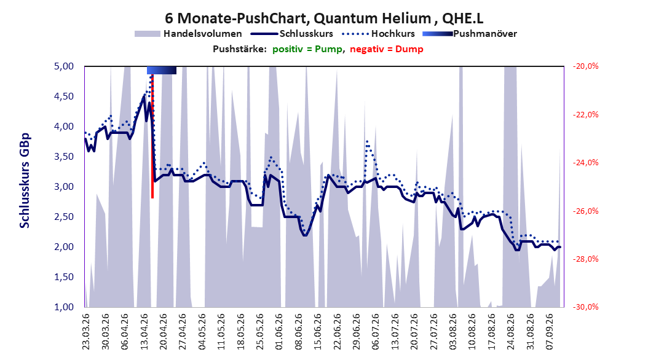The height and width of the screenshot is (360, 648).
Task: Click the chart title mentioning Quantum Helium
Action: coord(324,18)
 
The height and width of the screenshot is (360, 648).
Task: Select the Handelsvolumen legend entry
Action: coord(188,34)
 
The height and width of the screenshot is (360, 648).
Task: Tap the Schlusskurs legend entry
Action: coord(292,34)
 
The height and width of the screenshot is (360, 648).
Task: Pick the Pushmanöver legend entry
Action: coord(470,34)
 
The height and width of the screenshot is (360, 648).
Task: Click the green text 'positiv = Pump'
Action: coord(307,49)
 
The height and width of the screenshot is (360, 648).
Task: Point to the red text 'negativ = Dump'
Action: coord(387,49)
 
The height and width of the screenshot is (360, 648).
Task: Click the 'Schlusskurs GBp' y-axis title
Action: coord(25,181)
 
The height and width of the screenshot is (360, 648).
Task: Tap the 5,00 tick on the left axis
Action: coord(64,66)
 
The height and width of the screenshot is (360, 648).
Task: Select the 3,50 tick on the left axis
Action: coord(64,157)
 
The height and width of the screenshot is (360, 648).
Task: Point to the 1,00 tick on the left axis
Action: coord(64,307)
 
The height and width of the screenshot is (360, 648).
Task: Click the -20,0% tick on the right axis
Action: coord(585,66)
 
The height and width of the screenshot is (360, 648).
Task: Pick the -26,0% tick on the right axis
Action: coord(585,211)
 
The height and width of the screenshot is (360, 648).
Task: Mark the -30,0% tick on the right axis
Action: coord(585,307)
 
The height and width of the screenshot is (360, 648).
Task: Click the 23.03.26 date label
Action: coord(86,332)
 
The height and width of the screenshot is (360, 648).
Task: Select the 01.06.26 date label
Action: coord(279,332)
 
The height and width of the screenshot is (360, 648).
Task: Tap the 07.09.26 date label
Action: coord(550,332)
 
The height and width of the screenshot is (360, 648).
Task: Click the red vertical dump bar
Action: coord(152,136)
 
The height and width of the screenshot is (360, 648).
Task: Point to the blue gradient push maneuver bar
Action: coord(162,70)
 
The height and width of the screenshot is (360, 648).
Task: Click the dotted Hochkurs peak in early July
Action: coord(367,141)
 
